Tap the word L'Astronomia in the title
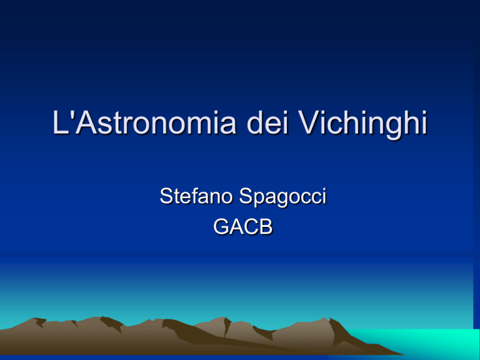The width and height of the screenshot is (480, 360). point(144,122)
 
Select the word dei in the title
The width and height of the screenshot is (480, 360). point(267,122)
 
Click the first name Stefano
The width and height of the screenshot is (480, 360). point(196,196)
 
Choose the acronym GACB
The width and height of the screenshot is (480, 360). point(242,227)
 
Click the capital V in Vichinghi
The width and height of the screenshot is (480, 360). point(311,122)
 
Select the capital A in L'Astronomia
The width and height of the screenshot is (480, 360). point(87,122)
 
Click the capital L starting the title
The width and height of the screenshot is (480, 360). point(61,122)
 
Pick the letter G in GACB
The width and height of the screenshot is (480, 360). point(221,227)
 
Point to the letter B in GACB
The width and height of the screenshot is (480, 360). point(266,227)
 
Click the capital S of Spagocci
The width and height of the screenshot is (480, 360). point(246,196)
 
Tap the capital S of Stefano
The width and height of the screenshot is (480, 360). point(166,196)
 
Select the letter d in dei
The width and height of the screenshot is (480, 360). point(255,122)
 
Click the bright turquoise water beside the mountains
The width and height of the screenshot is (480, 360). point(429,341)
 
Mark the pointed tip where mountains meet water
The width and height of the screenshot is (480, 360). point(403,354)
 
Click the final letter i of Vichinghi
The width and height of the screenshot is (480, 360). point(424,122)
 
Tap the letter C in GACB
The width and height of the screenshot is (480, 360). point(251,227)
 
